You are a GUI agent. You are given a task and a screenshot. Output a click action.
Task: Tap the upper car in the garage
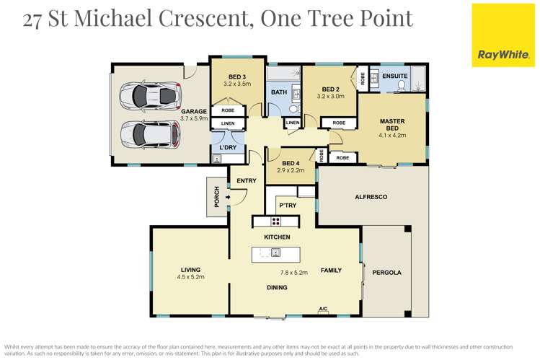click(x=149, y=95)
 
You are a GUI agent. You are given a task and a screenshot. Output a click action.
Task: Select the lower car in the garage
click(x=149, y=133)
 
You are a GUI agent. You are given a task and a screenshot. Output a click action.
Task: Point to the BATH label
click(x=278, y=92)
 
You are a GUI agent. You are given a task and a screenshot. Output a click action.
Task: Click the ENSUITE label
click(x=395, y=76)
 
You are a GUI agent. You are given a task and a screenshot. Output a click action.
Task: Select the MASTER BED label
click(x=392, y=125)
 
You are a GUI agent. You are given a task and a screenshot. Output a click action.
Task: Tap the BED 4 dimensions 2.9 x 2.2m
click(x=291, y=170)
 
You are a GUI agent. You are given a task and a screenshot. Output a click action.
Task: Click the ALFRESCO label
click(x=371, y=196)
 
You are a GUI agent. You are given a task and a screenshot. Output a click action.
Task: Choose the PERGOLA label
click(x=386, y=273)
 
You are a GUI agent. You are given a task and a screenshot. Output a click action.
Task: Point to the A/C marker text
click(x=322, y=309)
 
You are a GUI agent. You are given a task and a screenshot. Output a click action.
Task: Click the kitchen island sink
click(x=275, y=253)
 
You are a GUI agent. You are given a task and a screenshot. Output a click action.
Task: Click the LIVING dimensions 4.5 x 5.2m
click(x=191, y=277)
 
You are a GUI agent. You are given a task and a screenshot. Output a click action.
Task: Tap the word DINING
click(x=277, y=288)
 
